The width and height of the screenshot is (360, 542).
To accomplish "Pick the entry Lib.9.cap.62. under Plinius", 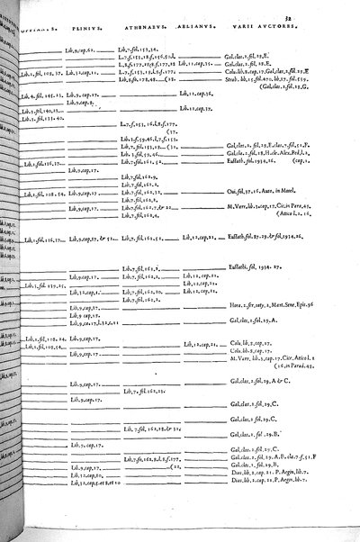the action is [80, 52].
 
